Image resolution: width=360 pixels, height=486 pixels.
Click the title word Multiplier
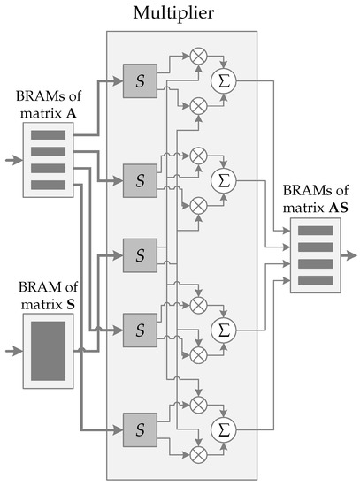coord(180,13)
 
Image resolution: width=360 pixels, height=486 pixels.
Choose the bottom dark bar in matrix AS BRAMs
coord(315,280)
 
